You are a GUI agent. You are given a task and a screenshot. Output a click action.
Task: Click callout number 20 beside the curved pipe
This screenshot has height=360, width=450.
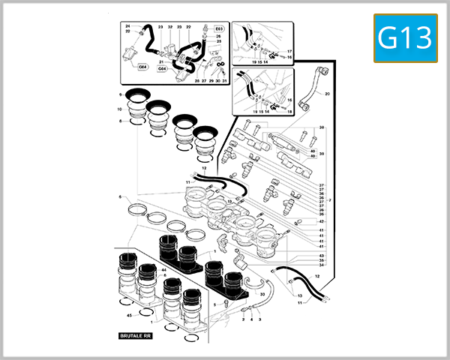pos(327,94)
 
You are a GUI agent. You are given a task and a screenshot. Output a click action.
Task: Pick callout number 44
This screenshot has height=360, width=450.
pos(163,269)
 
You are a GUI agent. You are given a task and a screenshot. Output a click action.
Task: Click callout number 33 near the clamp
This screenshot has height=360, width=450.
pos(262,295)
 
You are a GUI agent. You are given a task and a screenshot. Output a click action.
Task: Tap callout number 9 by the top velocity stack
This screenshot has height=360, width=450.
pos(120,95)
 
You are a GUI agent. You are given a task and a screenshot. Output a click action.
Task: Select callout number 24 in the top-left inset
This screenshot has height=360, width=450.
pos(127,26)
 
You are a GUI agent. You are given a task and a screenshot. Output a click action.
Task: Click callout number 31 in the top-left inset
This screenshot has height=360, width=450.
pos(224,80)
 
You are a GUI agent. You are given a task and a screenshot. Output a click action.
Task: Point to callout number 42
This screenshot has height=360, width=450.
pos(322,221)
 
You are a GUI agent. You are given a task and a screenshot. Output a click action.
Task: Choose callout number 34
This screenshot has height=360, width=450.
pos(322,265)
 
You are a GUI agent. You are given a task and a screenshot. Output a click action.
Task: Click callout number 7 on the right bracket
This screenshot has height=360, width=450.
pos(329,201)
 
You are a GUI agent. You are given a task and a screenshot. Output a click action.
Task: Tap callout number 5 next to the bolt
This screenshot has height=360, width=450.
pos(214,304)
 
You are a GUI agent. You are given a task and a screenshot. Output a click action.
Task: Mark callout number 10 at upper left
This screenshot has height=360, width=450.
pos(120,109)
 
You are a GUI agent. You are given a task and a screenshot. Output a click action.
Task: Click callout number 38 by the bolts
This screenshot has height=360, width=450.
pos(322,128)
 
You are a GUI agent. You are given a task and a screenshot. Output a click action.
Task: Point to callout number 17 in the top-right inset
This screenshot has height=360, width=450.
pos(289,51)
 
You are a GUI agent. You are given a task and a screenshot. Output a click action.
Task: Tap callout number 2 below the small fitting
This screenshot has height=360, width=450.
pos(243,319)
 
